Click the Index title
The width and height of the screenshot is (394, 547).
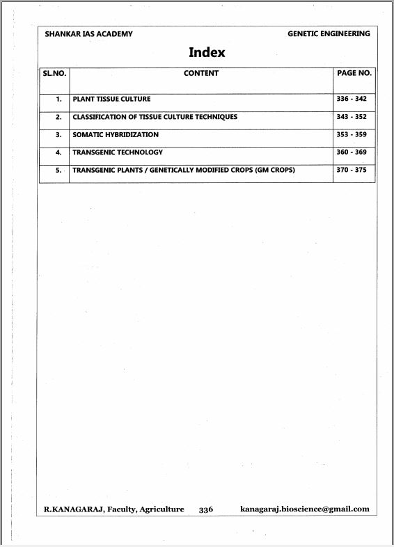coord(207,53)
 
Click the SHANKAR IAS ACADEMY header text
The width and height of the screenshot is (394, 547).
coord(88,34)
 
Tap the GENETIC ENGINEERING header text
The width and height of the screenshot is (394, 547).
coord(329,34)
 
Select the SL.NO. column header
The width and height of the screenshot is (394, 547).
coord(54,73)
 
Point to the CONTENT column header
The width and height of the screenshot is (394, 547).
coord(201,73)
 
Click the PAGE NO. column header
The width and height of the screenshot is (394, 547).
coord(354,73)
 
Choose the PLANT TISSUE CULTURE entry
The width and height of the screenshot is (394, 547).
coord(111,100)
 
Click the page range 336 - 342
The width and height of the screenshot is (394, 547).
coord(352,100)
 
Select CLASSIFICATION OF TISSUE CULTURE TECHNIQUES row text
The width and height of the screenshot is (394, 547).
coord(155,117)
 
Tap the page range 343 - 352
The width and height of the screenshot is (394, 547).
coord(352,117)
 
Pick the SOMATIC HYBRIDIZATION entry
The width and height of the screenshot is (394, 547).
coord(116,135)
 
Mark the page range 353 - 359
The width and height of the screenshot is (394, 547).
coord(352,135)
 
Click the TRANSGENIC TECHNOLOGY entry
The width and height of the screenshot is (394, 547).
coord(118,152)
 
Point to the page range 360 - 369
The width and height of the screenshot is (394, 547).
coord(352,152)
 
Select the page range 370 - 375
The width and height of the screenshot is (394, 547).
coord(352,170)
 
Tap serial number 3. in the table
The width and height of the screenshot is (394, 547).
coord(58,135)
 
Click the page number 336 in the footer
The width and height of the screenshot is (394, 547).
coord(206,509)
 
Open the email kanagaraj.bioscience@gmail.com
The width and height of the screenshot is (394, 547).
coord(305,509)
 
